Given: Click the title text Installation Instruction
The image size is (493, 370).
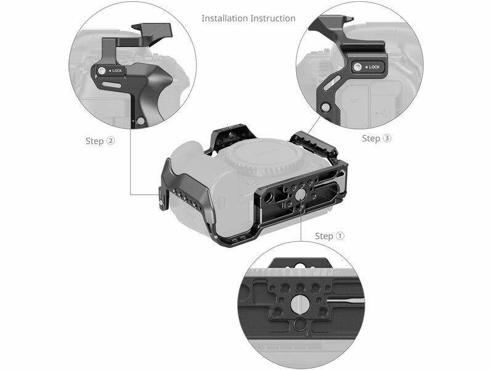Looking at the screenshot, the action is (248, 18).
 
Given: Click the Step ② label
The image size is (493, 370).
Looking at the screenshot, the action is (100, 141).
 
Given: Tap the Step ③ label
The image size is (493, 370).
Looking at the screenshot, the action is (377, 138).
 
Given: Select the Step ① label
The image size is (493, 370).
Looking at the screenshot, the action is (330, 236).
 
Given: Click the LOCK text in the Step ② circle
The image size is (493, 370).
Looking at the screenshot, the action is (117, 70).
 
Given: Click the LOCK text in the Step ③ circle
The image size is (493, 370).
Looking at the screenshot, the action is (374, 67).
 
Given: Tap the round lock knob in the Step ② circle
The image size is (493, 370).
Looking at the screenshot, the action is (101, 71).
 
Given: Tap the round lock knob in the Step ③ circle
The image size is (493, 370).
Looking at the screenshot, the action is (357, 67).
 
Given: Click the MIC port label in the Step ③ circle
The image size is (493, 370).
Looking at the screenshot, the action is (355, 101).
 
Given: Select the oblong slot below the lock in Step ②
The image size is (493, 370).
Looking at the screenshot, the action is (112, 85).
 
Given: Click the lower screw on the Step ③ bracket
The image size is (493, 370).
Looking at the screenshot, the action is (326, 108).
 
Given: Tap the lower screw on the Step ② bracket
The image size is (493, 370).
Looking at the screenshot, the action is (141, 120).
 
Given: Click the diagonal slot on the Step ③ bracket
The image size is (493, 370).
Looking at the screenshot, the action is (332, 82).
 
